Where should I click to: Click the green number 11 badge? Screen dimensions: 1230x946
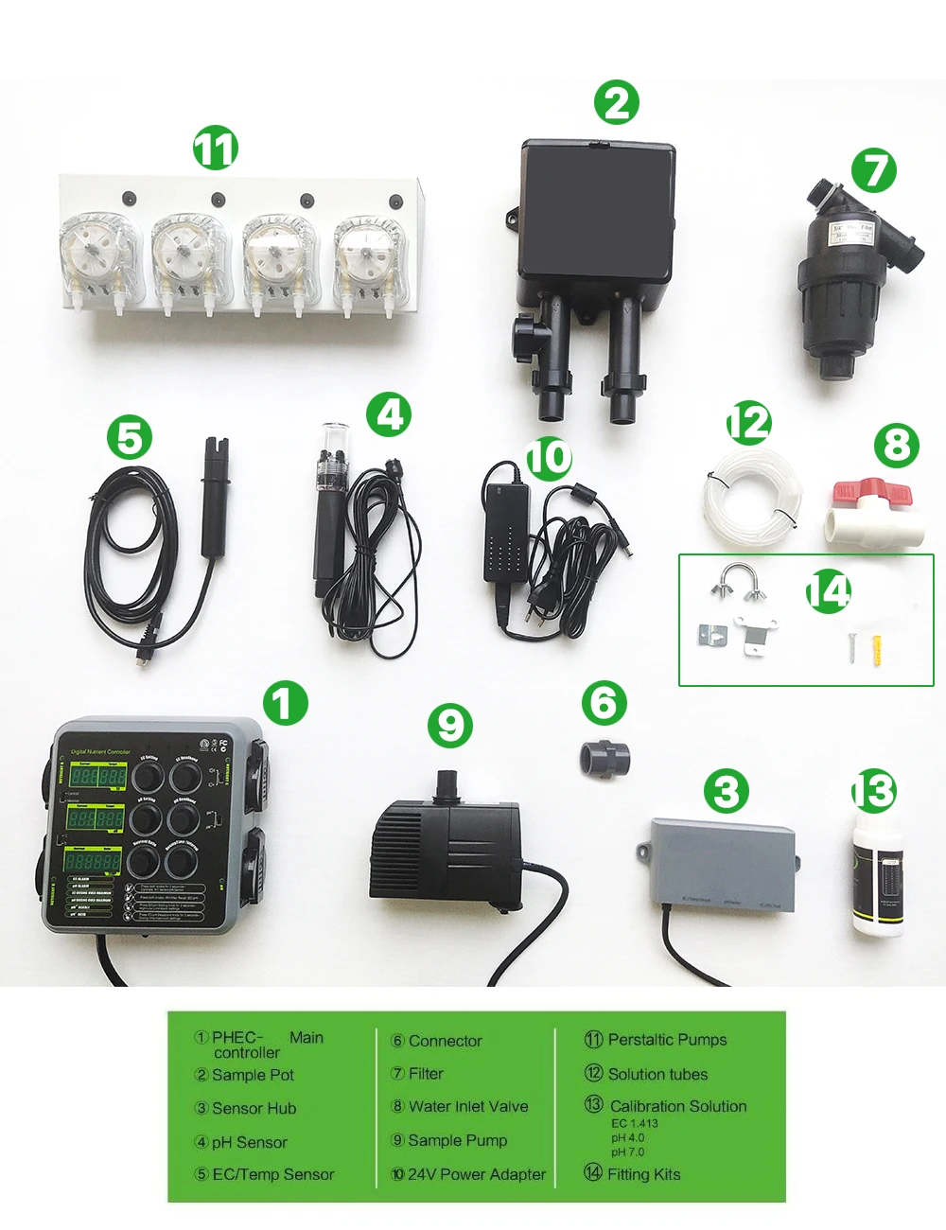(x=216, y=149)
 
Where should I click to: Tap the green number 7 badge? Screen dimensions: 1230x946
(x=873, y=170)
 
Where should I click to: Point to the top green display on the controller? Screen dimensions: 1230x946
(x=99, y=777)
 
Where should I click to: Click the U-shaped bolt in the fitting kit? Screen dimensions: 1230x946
(x=738, y=580)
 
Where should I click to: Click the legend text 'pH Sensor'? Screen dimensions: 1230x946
(x=249, y=1142)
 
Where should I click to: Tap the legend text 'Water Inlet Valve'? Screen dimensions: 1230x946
(x=467, y=1106)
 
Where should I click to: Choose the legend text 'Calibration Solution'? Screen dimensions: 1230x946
(x=677, y=1106)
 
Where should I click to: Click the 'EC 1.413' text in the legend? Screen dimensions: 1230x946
(x=634, y=1123)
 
